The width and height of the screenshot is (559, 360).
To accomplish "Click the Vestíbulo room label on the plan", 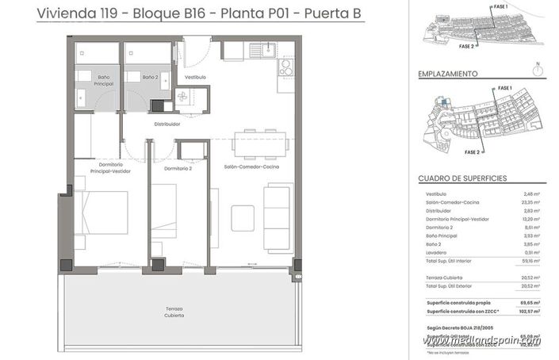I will click(x=195, y=77).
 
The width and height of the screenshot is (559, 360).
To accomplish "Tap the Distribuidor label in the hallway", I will click(x=167, y=124).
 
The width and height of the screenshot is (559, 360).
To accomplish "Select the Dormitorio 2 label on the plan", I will click(x=178, y=169).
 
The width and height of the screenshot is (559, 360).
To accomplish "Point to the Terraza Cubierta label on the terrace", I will click(x=174, y=312).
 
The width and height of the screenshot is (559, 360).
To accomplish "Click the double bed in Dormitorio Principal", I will click(x=101, y=213).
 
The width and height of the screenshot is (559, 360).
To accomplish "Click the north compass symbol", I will click(x=538, y=69).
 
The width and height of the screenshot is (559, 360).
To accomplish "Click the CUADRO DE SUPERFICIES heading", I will click(x=461, y=179).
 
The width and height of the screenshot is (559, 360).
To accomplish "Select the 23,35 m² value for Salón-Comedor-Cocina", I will click(x=530, y=203).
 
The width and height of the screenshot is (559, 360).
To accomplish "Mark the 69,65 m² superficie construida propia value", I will click(x=529, y=303).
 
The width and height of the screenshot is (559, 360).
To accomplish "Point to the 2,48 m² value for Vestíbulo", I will click(x=531, y=194).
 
